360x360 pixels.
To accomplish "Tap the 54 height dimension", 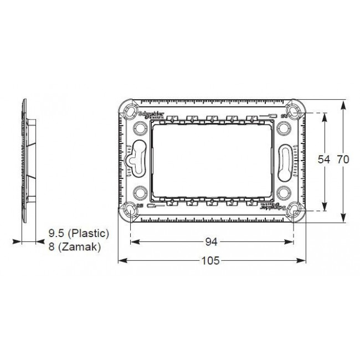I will click(324, 160).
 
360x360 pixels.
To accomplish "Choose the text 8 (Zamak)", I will click(74, 247).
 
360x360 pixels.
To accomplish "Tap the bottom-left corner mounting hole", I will click(130, 209).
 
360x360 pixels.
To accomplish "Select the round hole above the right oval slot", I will click(286, 128).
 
